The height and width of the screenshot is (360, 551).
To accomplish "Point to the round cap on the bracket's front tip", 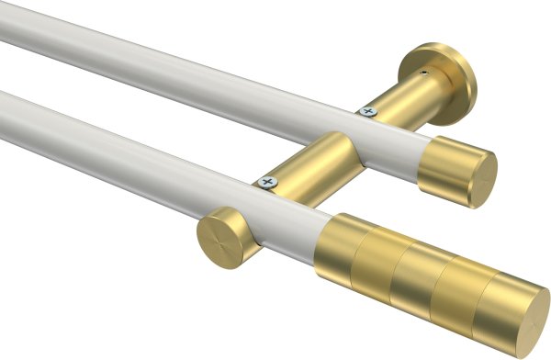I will pos(222,238).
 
